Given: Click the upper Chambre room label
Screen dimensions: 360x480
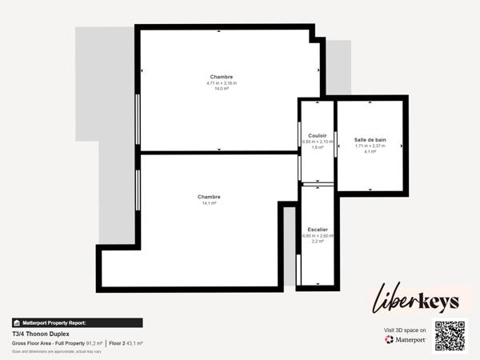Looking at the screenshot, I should click(222, 77).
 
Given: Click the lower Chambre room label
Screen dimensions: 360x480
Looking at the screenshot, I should click(209, 197).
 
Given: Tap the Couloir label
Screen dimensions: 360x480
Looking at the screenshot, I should click(317, 135).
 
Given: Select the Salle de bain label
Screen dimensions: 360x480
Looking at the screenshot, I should click(370, 139).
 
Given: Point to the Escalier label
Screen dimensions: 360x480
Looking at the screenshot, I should click(317, 230).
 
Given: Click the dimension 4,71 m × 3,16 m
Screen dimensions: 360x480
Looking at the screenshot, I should click(222, 83).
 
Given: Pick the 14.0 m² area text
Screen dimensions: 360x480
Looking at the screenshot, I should click(222, 89).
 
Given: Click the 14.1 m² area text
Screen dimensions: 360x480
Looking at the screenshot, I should click(209, 203).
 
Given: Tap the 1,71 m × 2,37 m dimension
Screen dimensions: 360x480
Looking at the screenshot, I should click(370, 146).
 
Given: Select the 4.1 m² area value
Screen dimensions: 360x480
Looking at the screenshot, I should click(370, 151).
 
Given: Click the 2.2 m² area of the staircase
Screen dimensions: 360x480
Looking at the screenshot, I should click(317, 241).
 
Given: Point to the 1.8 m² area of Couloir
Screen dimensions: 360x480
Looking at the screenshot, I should click(317, 147).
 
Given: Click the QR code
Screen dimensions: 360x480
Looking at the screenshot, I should click(449, 336).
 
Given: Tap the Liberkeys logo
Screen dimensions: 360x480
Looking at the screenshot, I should click(416, 302).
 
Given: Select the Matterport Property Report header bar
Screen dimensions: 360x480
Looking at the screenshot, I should click(77, 322).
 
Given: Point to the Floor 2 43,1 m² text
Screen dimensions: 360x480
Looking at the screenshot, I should click(126, 343).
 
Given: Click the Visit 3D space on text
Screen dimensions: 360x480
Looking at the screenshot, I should click(405, 330).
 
